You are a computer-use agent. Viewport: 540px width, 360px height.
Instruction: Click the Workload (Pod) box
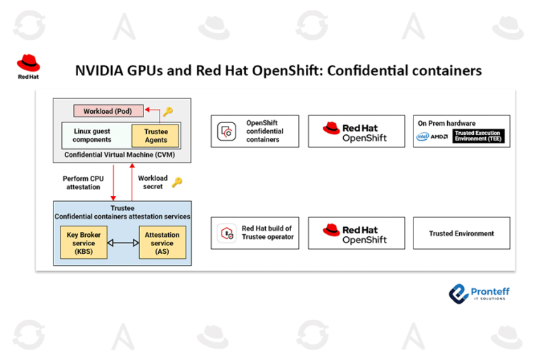click(x=108, y=111)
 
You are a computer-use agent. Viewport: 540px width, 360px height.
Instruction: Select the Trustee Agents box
click(x=155, y=135)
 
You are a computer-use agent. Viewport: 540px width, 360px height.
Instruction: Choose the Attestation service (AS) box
click(x=162, y=243)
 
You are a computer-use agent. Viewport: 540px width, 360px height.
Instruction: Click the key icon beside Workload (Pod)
click(x=167, y=111)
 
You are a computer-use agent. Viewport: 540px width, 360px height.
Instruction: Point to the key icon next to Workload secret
click(x=177, y=182)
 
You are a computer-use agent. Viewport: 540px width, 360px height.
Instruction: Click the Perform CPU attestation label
click(x=83, y=183)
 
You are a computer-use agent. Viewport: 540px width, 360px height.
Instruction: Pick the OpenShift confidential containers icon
click(x=226, y=131)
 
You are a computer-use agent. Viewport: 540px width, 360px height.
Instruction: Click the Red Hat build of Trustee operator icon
click(x=226, y=233)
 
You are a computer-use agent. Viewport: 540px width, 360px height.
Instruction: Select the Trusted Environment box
click(x=461, y=233)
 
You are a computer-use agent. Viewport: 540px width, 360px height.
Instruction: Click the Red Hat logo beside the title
click(x=28, y=66)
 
